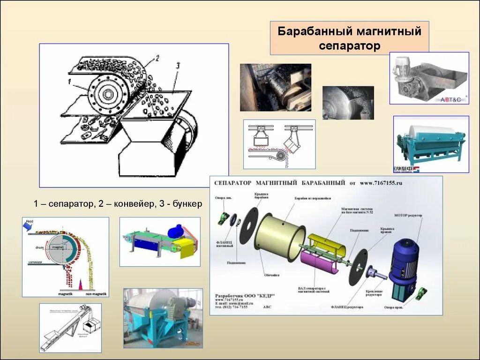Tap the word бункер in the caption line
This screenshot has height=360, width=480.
point(187,204)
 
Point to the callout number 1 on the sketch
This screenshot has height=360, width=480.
point(69,81)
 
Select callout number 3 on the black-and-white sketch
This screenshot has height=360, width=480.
point(177,66)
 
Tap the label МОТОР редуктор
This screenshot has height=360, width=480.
point(409,216)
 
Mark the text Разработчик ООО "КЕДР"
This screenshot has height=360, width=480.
point(245,296)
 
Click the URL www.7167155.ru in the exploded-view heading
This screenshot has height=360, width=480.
point(381,183)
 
